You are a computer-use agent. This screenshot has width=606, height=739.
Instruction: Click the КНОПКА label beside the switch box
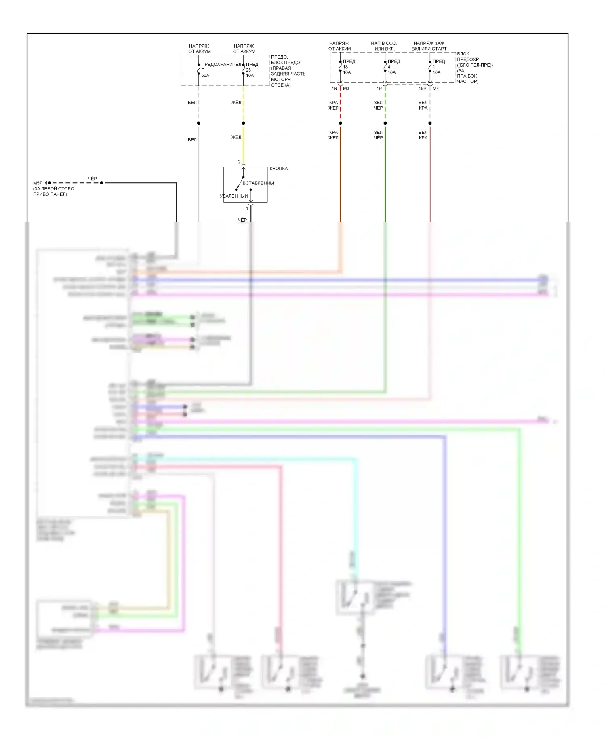point(278,168)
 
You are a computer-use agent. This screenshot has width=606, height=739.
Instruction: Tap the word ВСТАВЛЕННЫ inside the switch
point(258,183)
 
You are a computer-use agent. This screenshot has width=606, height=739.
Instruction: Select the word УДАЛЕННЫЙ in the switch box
point(234,196)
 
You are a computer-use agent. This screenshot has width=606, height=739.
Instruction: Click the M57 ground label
point(37,183)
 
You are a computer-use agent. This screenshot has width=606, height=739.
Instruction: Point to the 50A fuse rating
point(205,76)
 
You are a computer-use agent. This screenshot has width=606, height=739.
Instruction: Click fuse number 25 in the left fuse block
point(248,70)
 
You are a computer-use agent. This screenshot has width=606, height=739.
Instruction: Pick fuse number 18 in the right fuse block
point(345,67)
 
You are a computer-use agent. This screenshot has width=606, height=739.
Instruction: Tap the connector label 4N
point(334,89)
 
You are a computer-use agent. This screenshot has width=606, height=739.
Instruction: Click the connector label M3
point(346,89)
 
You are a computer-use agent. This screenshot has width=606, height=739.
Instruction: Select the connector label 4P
point(379,89)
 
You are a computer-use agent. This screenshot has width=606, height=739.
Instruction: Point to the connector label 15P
point(423,89)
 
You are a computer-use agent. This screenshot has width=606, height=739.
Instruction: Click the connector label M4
point(436,89)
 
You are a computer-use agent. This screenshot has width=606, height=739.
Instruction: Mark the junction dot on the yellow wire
point(243,123)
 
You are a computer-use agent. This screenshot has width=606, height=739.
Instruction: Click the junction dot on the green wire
point(385,123)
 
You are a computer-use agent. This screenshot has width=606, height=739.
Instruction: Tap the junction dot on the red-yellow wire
point(341,123)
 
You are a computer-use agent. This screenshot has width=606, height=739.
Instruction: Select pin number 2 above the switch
point(239,162)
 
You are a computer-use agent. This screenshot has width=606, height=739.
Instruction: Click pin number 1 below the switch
point(247,209)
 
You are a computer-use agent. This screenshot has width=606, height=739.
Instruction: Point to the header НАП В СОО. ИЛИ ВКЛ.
point(384,46)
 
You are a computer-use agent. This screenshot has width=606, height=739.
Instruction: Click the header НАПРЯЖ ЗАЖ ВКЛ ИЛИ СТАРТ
point(429,46)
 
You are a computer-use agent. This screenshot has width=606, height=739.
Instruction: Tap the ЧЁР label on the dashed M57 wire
point(93,179)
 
